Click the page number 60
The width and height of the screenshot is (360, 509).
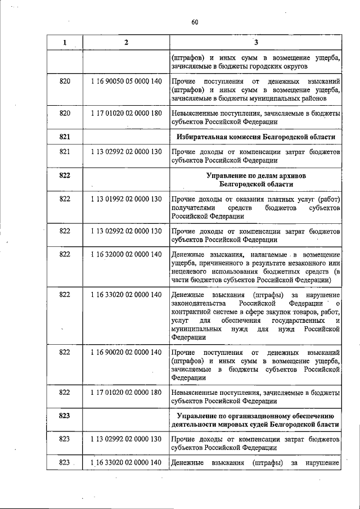pos(195,22)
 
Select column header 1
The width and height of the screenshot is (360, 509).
pos(65,43)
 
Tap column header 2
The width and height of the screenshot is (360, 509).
pos(126,43)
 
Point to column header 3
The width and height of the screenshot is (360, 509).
pos(256,43)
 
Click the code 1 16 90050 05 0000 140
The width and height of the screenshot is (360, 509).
pos(126,82)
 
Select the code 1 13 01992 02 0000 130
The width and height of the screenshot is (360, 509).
pos(126,199)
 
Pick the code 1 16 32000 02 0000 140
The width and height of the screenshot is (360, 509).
pos(126,255)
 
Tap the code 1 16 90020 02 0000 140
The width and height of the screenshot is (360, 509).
pos(126,352)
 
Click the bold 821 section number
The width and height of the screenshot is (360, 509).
pos(65,136)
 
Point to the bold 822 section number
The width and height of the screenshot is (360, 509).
pos(65,175)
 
